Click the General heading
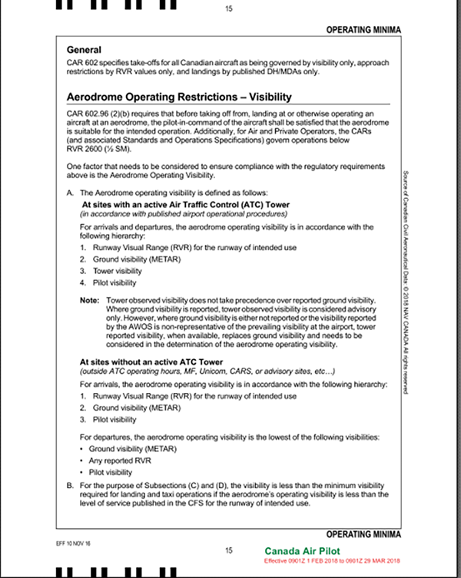(89, 49)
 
